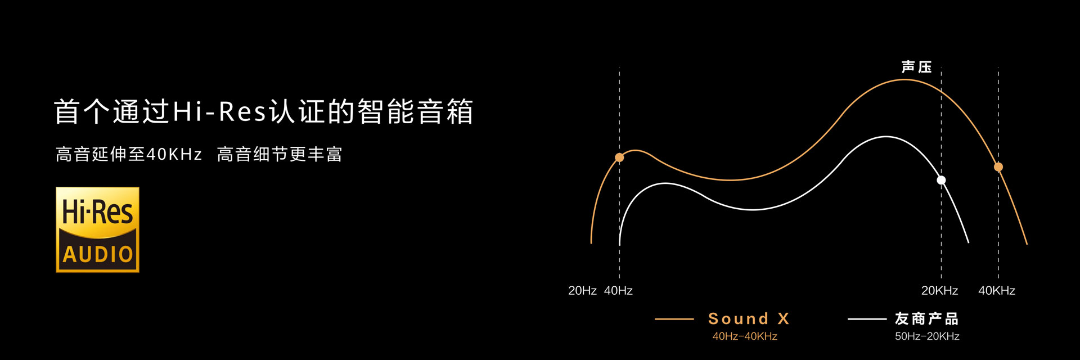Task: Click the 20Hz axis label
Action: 582,290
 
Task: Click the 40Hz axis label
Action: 618,290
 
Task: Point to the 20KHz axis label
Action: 939,290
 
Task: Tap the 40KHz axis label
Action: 997,290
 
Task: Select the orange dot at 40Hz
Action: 619,157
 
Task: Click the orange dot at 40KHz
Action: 998,167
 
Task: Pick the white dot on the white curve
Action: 941,180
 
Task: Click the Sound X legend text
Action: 749,319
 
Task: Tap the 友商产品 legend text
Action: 927,319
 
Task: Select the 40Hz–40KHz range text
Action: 745,336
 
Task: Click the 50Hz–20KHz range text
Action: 927,336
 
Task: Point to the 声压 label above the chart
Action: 916,67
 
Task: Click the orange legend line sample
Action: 674,319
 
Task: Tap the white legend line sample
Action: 867,319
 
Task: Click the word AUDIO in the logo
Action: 98,254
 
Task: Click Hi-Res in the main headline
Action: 219,111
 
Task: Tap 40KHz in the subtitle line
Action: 174,154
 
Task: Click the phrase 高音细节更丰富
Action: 280,154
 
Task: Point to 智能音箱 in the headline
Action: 415,111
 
